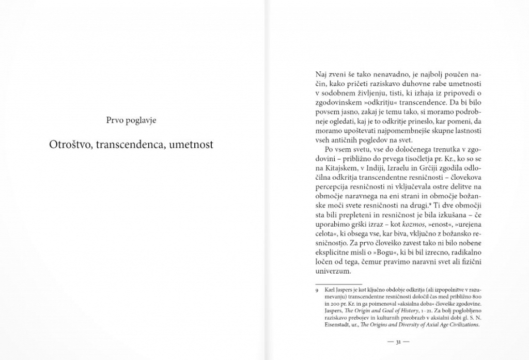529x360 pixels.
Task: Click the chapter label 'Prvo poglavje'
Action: click(131, 121)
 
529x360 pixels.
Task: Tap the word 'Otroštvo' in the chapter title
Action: click(71, 144)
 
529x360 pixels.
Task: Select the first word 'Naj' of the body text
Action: click(321, 74)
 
